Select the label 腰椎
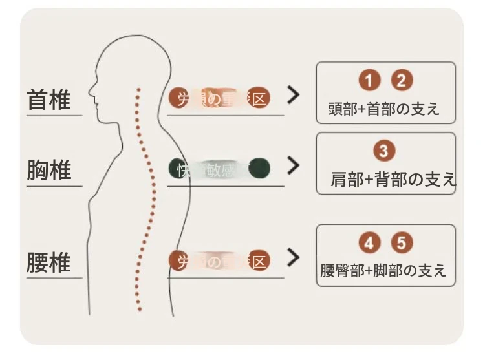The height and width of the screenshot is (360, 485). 49,263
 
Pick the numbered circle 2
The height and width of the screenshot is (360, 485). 402,81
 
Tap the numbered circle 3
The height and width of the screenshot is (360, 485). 384,151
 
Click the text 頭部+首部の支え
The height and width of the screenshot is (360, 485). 384,109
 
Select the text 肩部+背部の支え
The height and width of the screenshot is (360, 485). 392,179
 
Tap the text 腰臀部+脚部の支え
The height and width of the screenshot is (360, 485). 383,270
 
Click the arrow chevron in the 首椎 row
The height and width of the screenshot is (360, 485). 294,96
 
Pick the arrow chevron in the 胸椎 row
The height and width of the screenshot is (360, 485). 294,166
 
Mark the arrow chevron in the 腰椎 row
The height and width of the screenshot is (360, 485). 294,258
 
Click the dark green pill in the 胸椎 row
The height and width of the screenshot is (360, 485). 219,169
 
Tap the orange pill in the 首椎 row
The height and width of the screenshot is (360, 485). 219,98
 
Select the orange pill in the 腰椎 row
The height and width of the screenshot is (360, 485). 219,260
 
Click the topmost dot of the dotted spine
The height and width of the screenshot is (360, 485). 136,88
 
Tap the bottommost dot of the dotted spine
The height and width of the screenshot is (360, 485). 139,309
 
